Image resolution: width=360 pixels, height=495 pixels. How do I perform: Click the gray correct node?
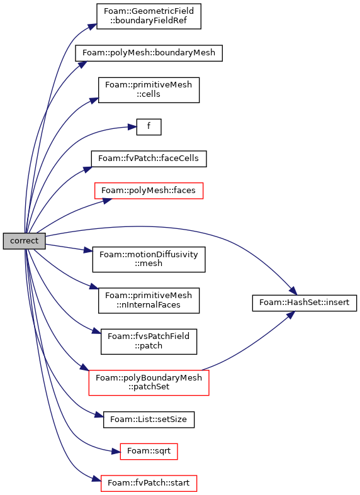(x=25, y=241)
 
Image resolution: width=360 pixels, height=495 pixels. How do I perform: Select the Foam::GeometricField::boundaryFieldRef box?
(x=149, y=16)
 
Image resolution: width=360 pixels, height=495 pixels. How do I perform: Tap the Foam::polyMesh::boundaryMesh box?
(x=149, y=53)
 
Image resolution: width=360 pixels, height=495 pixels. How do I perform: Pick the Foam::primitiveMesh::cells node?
(x=149, y=90)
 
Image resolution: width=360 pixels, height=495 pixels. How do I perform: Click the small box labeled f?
(x=149, y=127)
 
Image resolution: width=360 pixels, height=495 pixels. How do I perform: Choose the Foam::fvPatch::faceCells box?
(x=149, y=159)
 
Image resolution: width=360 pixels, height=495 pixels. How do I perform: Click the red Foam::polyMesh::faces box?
(x=149, y=191)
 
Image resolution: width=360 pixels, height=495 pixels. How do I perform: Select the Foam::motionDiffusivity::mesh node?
(x=149, y=259)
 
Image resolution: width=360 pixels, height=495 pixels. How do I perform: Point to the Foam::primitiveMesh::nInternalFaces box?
(x=149, y=300)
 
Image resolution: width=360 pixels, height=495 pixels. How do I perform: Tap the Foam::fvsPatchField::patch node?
(x=149, y=342)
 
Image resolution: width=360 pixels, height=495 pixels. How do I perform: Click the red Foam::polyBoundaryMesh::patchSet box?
(x=149, y=382)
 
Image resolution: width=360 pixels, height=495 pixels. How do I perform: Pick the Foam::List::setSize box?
(x=149, y=420)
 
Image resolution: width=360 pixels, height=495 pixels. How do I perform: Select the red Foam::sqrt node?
(x=149, y=452)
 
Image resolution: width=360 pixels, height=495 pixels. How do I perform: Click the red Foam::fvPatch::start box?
(x=149, y=483)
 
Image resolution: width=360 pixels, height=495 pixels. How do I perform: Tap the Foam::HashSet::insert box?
(x=305, y=303)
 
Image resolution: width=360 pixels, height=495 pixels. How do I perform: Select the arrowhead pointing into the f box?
(x=132, y=127)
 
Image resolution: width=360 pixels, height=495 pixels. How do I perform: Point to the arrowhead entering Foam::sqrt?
(x=116, y=452)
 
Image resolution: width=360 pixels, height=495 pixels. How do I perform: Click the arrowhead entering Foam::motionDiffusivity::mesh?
(x=88, y=251)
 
